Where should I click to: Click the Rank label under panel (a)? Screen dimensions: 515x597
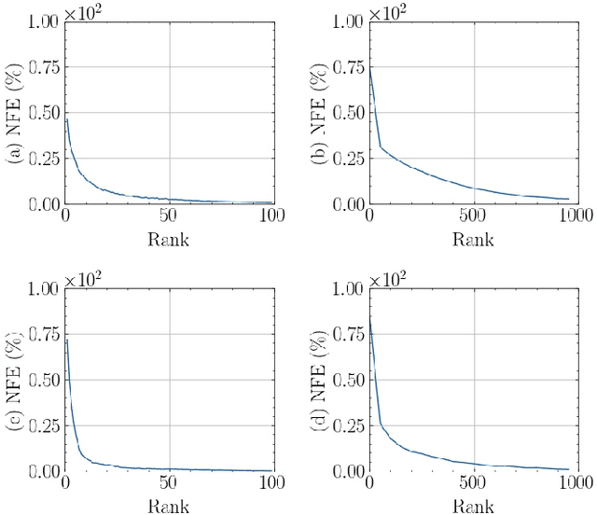[x=169, y=239]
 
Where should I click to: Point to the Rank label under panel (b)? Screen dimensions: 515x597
[x=474, y=239]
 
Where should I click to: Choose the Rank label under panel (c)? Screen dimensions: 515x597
[x=169, y=507]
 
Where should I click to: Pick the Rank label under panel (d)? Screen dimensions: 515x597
[x=474, y=507]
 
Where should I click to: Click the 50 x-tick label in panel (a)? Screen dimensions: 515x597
[x=169, y=216]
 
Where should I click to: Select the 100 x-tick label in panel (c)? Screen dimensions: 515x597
[x=271, y=484]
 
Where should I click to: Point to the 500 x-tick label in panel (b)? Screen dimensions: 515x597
[x=474, y=216]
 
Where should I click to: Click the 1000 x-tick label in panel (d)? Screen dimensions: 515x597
[x=576, y=484]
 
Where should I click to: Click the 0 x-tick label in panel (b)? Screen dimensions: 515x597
[x=370, y=216]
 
